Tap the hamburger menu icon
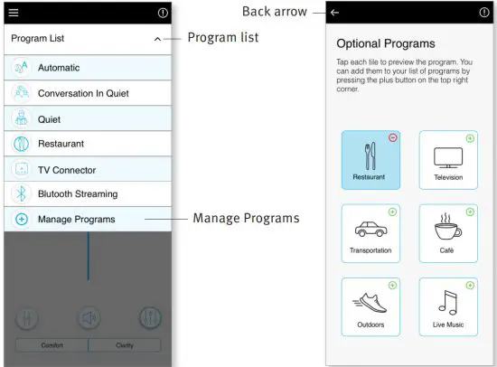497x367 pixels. tap(14, 13)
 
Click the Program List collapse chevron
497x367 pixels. tap(156, 39)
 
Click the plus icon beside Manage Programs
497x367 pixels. tap(22, 220)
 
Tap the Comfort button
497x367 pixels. tap(52, 344)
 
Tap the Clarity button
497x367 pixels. tap(124, 344)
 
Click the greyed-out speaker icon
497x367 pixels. tap(88, 317)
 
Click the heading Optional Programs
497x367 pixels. tap(385, 43)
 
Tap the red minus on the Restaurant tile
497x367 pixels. tap(393, 137)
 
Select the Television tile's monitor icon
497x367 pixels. tap(448, 157)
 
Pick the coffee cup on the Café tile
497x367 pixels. tap(448, 227)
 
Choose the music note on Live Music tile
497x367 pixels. tap(448, 302)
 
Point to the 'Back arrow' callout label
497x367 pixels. tap(275, 12)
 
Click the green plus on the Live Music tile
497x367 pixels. tap(470, 285)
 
